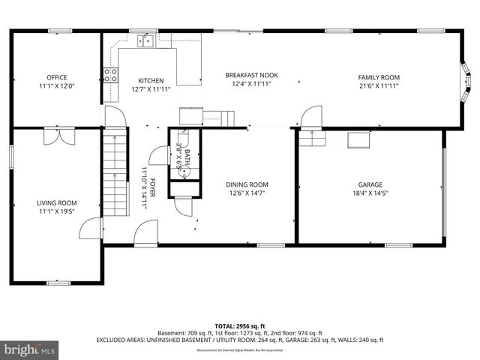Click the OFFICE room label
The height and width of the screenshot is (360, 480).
coord(57,77)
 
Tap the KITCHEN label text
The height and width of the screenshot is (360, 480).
coord(151,80)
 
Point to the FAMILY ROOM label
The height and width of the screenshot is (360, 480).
coord(378,77)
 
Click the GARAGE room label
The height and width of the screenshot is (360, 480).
coord(370,184)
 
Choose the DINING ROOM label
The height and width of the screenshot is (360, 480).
coord(247,184)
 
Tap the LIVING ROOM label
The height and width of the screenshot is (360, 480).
coord(57,202)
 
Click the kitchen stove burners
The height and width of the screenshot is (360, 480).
coord(110,74)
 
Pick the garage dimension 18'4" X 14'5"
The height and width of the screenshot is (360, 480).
coord(370,193)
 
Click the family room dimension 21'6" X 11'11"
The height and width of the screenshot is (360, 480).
coord(378,86)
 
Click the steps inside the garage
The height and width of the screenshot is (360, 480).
coord(310,139)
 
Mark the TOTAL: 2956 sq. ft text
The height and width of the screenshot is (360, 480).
coord(240,326)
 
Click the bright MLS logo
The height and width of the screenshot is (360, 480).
coord(30,349)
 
